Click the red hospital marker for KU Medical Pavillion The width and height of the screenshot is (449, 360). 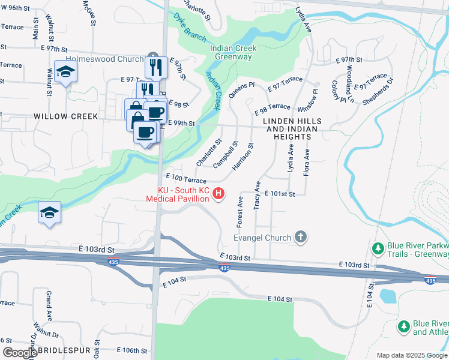click(x=219, y=193)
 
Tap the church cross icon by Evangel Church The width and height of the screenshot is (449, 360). click(x=301, y=238)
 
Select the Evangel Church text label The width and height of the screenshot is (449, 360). click(x=262, y=238)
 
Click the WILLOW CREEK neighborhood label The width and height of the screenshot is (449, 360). click(x=65, y=116)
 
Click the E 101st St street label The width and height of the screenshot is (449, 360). click(x=282, y=194)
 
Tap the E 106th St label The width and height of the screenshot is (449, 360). click(x=131, y=350)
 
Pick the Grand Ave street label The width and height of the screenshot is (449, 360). click(x=49, y=305)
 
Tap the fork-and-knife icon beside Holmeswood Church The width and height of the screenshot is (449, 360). click(x=156, y=67)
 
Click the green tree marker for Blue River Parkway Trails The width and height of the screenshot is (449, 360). click(x=378, y=248)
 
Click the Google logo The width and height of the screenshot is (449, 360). click(x=20, y=353)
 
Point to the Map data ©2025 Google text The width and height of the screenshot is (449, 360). click(x=412, y=355)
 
